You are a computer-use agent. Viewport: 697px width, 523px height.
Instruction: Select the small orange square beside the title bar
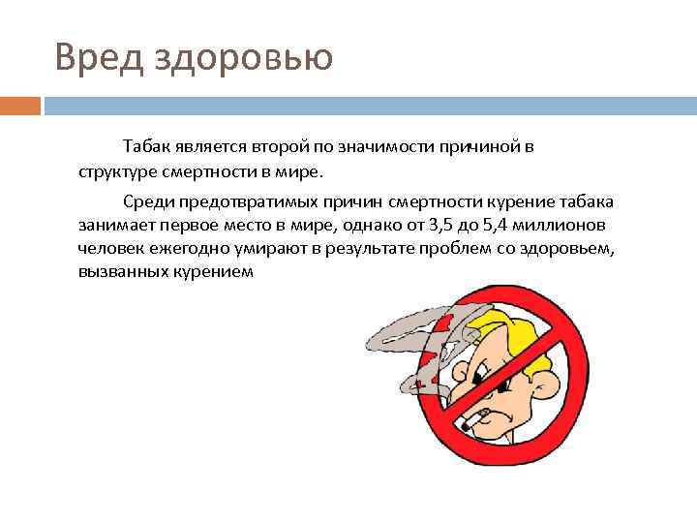[x=20, y=105]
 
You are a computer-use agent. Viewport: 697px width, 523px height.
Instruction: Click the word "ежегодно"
[x=181, y=249]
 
